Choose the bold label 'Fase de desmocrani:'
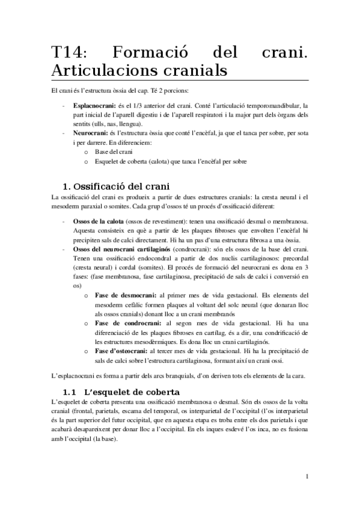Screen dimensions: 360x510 (x=126, y=295)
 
